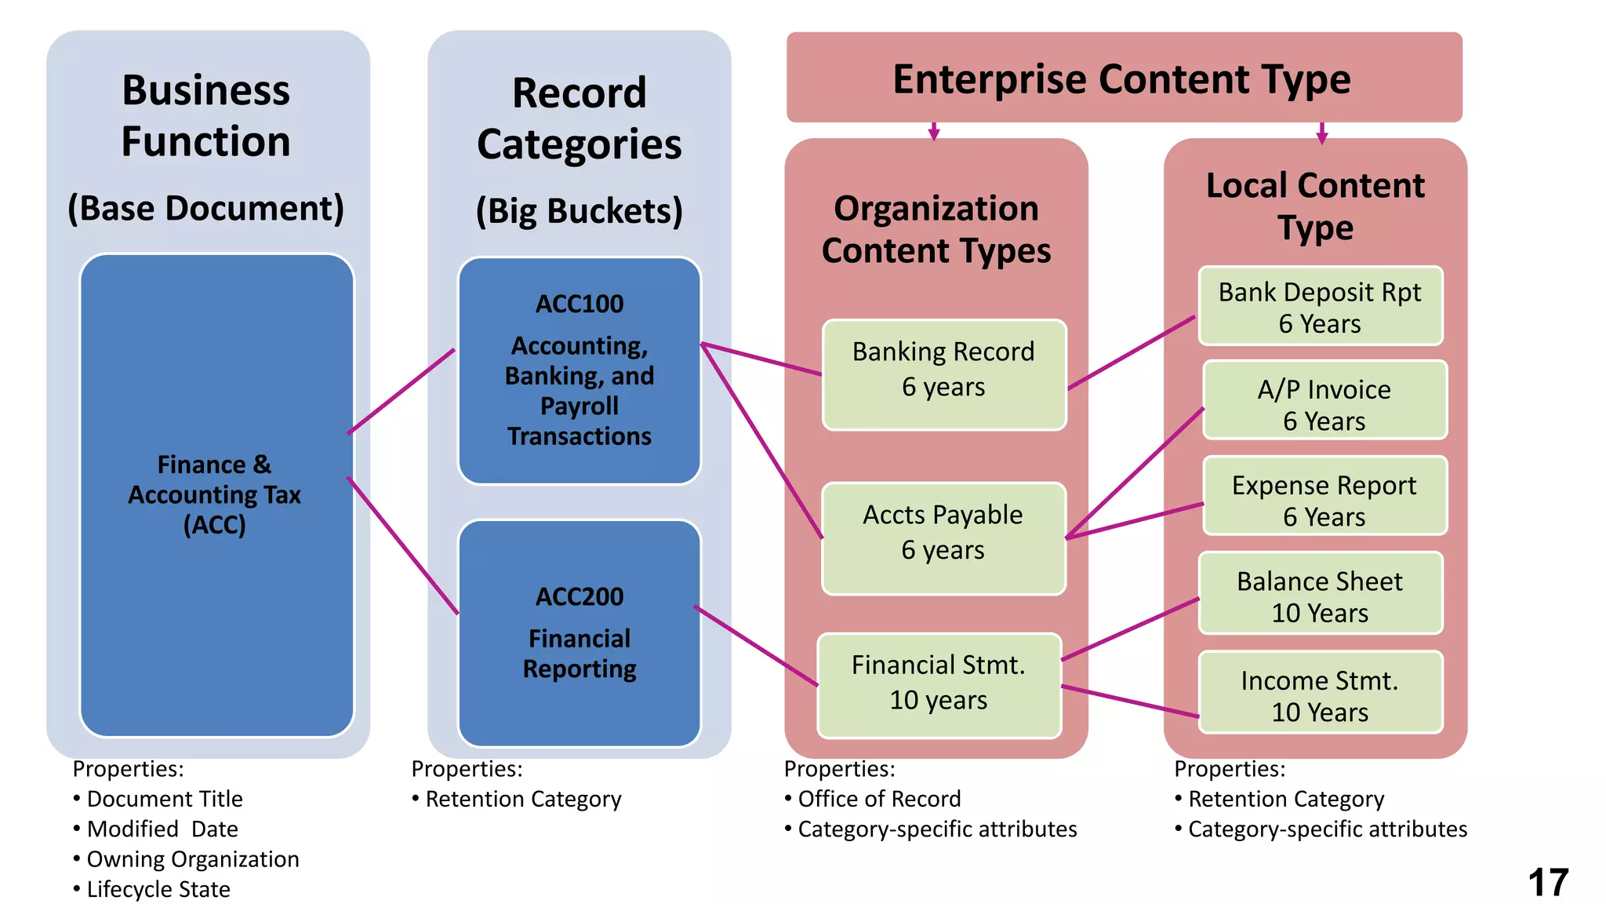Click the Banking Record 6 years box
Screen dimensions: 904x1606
944,374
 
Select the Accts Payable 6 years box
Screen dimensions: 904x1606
943,538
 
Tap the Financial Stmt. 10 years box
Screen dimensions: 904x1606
939,685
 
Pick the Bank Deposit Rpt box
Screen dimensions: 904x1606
1320,306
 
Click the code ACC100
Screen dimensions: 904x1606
580,304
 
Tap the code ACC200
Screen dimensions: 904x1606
580,597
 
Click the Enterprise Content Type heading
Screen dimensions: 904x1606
1122,79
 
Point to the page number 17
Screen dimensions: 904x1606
1548,883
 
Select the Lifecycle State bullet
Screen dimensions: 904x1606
158,889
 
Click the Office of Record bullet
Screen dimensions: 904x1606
879,799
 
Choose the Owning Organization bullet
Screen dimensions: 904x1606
193,859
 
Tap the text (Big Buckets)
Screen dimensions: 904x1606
580,211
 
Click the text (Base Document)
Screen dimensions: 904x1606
205,209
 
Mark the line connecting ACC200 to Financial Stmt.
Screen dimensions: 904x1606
756,646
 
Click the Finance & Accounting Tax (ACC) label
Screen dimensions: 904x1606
214,494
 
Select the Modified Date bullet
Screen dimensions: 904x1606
162,829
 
